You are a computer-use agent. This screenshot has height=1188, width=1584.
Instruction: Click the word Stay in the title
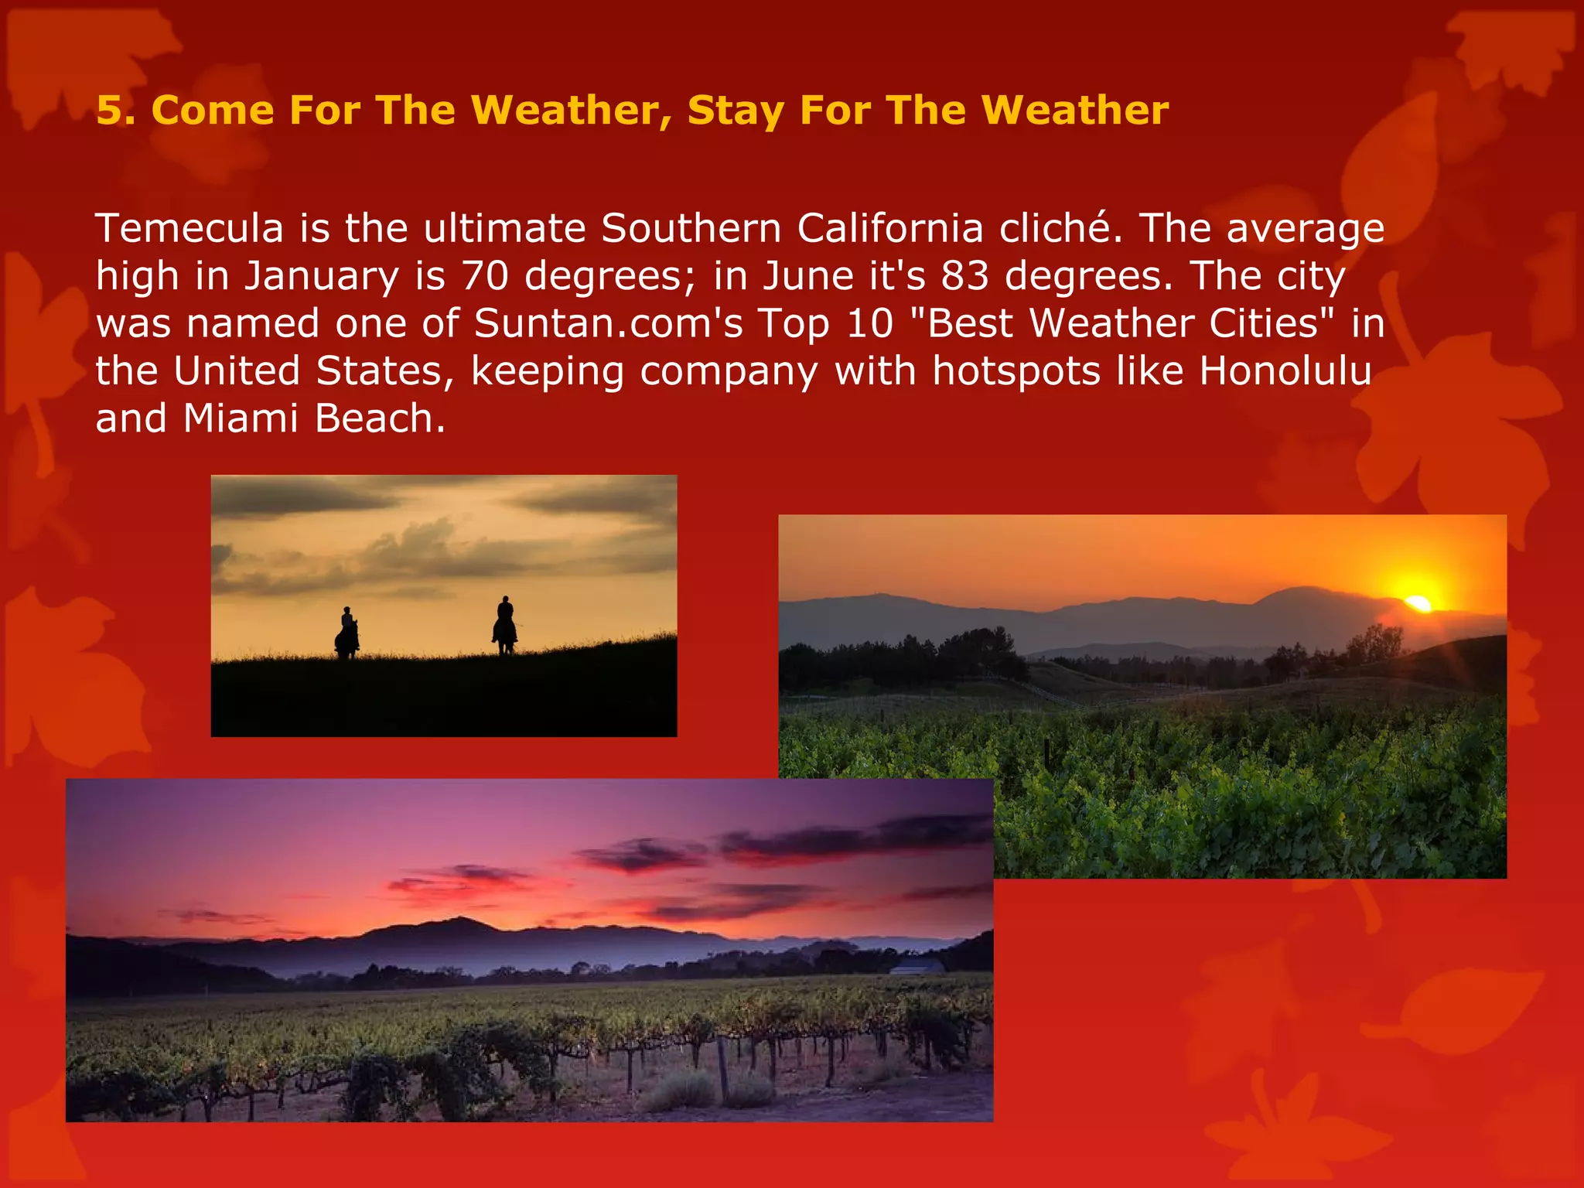(735, 111)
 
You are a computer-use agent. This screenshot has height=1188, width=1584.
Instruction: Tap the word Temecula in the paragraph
(189, 229)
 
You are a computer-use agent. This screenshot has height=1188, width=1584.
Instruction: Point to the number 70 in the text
(485, 276)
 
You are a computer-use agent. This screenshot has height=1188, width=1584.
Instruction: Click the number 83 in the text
(964, 276)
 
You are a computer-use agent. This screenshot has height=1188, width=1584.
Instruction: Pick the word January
(322, 276)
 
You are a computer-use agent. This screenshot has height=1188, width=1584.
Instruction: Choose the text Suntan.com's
(608, 323)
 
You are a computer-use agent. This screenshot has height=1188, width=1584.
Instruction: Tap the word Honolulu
(1285, 371)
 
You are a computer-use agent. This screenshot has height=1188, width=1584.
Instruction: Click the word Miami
(241, 418)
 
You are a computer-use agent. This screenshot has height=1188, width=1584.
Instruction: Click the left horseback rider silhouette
(346, 633)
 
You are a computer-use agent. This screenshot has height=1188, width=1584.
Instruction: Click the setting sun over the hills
(1418, 603)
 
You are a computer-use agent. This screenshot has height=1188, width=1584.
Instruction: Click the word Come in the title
(213, 111)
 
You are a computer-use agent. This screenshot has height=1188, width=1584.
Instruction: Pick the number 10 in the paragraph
(869, 323)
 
